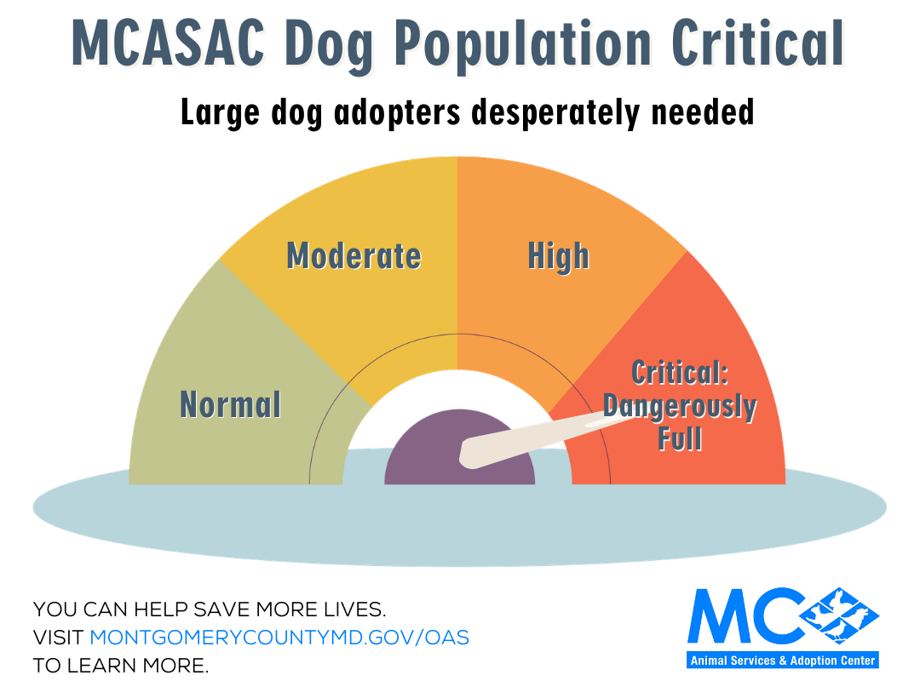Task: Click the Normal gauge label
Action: pyautogui.click(x=230, y=404)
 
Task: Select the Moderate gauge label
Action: pyautogui.click(x=354, y=255)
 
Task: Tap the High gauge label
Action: pyautogui.click(x=558, y=255)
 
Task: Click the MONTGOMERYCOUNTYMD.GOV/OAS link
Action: pyautogui.click(x=279, y=637)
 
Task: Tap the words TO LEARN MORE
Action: pyautogui.click(x=120, y=665)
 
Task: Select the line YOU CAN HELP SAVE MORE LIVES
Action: pyautogui.click(x=210, y=609)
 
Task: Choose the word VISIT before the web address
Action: pyautogui.click(x=58, y=637)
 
